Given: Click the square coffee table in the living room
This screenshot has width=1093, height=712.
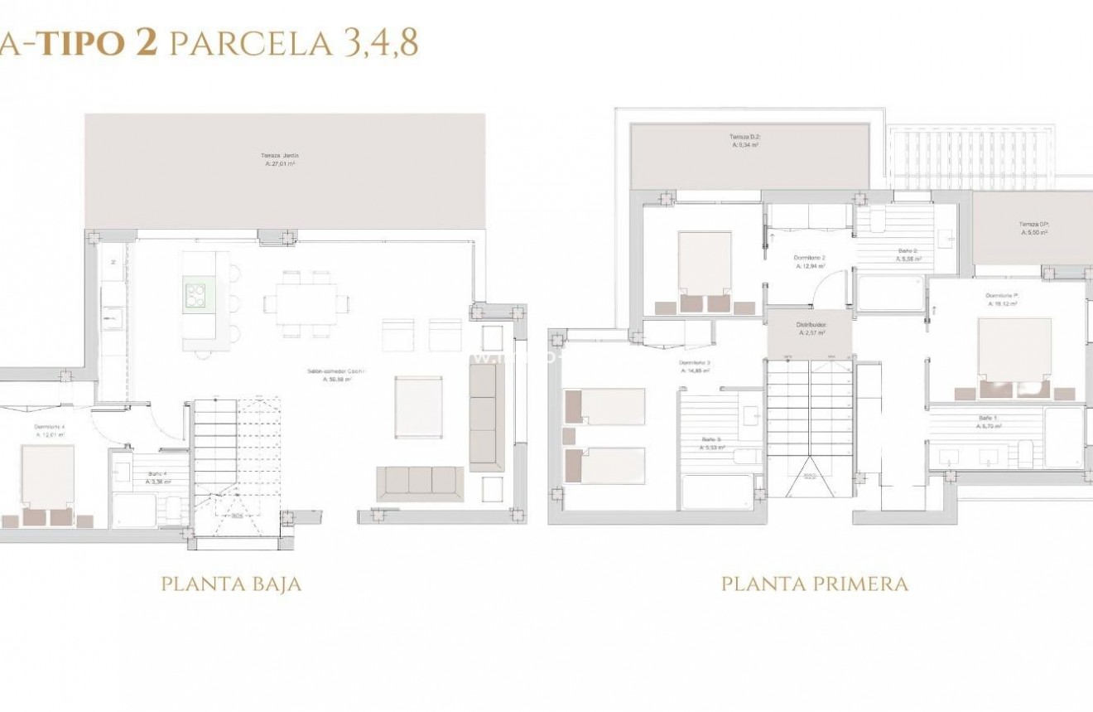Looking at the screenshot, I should point(418,406).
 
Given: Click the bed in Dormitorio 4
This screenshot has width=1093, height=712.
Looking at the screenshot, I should point(47,484).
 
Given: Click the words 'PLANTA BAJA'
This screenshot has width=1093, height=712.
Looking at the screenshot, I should point(231,584).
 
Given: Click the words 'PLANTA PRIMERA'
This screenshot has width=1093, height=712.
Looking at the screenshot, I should point(815,584).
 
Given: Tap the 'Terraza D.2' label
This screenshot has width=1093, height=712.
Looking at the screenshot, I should point(745,140).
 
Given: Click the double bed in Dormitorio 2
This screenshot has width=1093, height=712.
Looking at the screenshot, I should point(705,269).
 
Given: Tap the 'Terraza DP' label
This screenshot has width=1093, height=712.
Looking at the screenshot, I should point(1033,228).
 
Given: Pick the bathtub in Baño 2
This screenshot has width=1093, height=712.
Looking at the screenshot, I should point(890,294).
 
